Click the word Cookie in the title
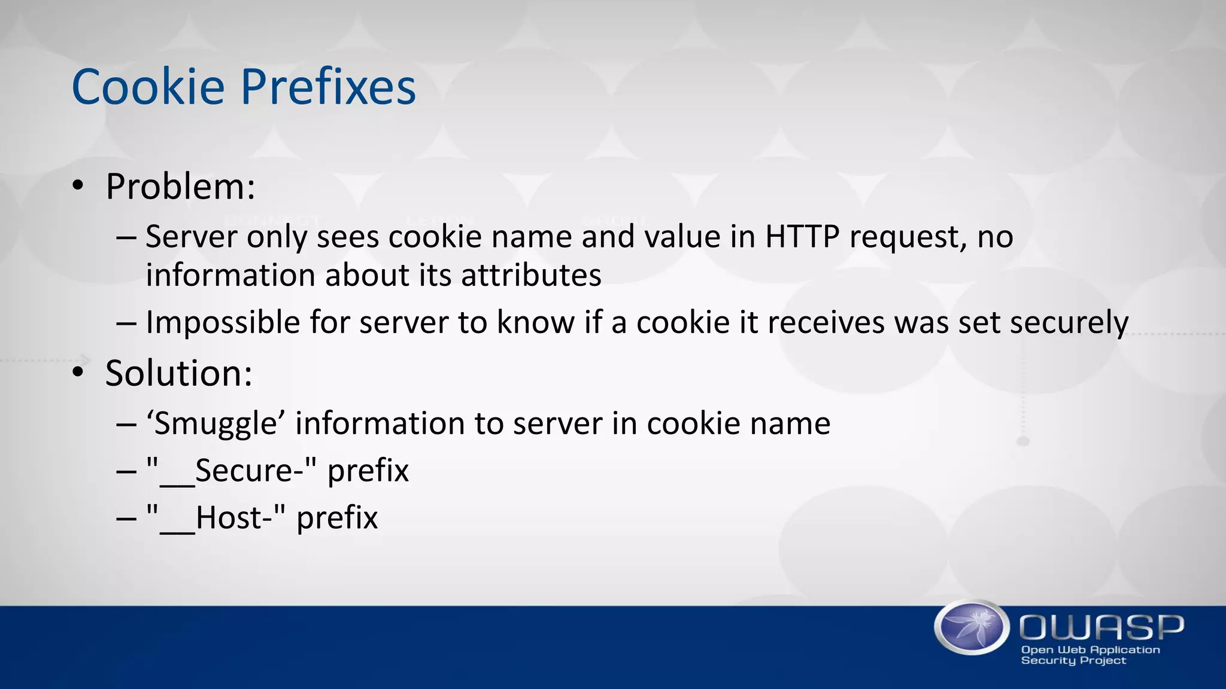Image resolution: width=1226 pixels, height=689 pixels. pos(148,87)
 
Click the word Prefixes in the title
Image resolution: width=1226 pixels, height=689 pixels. pos(328,87)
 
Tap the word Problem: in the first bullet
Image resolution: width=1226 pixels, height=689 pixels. pos(180,187)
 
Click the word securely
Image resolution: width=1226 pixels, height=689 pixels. pos(1069,323)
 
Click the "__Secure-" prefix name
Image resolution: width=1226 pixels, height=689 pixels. pos(231,471)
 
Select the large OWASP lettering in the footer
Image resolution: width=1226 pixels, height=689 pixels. pos(1101,627)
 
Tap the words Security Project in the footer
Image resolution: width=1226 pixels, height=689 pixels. pos(1073,661)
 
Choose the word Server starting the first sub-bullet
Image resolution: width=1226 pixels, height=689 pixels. pos(192,237)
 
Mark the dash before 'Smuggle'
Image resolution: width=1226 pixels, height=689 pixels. pos(126,425)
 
